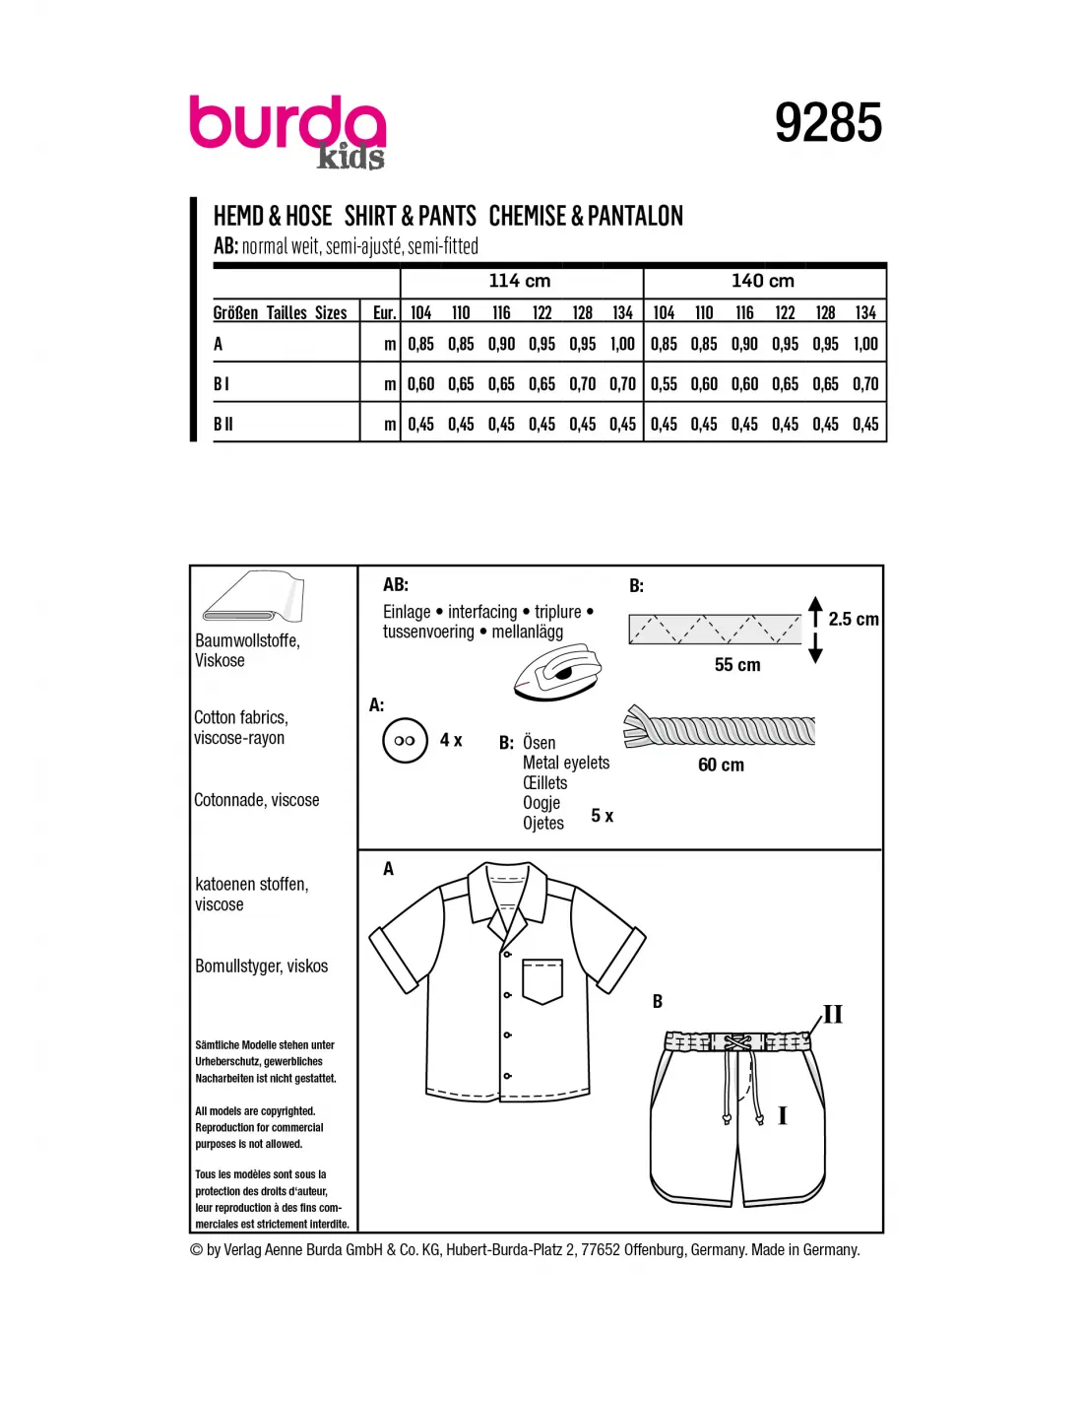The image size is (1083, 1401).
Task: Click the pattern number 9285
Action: [828, 123]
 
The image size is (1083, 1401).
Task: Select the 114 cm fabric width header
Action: [520, 281]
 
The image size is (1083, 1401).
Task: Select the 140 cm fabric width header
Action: [763, 281]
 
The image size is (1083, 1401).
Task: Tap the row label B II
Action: [223, 424]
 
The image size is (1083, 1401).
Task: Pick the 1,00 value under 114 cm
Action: [622, 344]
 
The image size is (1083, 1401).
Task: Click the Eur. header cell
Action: [384, 313]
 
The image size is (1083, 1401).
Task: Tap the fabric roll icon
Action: [254, 596]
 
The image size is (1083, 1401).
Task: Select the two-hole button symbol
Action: [405, 741]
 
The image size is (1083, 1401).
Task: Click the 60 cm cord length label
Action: [721, 765]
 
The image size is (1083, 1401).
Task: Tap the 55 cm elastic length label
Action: [737, 665]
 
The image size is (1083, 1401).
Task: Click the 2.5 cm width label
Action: [853, 619]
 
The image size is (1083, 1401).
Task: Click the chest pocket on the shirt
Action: [542, 980]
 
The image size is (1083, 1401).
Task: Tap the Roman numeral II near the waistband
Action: [833, 1014]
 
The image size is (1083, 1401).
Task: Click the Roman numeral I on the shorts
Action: [783, 1115]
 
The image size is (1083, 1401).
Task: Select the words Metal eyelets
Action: [566, 763]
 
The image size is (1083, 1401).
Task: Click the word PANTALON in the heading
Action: [635, 216]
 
